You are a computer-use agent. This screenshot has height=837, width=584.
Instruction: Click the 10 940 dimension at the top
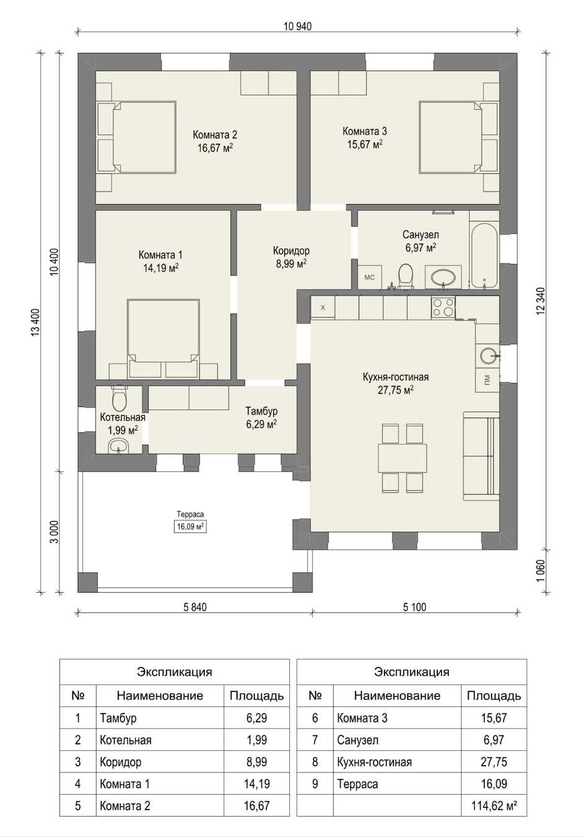click(297, 26)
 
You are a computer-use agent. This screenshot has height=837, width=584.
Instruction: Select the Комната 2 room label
click(215, 135)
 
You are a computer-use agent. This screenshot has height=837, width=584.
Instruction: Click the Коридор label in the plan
click(291, 250)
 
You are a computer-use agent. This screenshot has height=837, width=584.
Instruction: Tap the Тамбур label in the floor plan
click(261, 411)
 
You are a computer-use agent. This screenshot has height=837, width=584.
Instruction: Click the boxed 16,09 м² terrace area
click(190, 527)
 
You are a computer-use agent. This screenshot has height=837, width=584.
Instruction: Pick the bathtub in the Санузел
click(484, 255)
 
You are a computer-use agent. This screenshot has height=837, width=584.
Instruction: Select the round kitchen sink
click(488, 355)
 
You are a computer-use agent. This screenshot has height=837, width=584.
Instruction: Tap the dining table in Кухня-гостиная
click(403, 458)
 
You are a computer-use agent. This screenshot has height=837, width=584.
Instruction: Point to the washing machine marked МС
click(370, 277)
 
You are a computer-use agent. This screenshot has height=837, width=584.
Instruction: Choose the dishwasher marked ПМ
click(487, 380)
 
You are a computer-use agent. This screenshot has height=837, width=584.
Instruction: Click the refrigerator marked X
click(323, 307)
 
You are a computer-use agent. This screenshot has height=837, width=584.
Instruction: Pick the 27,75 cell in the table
click(494, 762)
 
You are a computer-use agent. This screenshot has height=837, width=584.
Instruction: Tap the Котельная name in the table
click(125, 740)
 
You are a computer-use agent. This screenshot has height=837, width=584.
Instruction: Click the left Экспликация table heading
click(174, 672)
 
